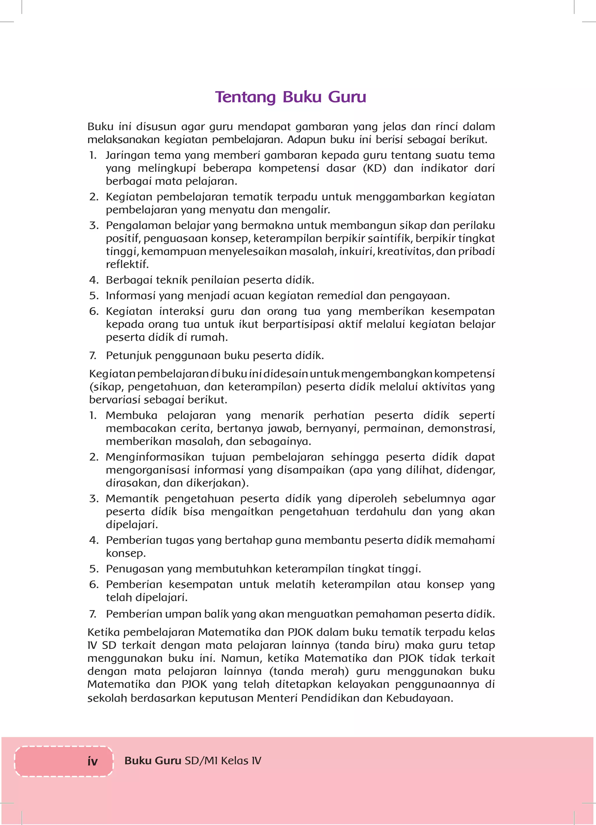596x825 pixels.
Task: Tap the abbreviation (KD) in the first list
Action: (375, 168)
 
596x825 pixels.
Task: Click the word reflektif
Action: (127, 264)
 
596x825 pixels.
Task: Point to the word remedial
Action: (340, 295)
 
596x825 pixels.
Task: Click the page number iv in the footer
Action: (93, 761)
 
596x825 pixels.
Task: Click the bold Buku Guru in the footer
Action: (153, 761)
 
